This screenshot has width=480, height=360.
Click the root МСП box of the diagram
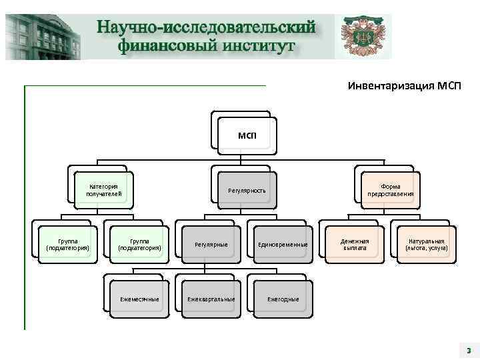(247, 136)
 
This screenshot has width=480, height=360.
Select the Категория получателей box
(103, 190)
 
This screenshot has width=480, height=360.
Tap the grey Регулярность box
(247, 191)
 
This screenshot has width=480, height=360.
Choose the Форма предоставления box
(390, 190)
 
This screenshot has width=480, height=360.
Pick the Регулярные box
(211, 245)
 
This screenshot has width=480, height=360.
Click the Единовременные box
(283, 245)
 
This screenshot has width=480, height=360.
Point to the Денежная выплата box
(354, 244)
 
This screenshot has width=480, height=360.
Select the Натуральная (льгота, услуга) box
(427, 244)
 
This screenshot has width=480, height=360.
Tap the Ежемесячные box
(139, 299)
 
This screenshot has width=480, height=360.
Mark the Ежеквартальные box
(211, 299)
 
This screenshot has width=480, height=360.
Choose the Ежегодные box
(283, 299)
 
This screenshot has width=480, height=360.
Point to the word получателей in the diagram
(103, 194)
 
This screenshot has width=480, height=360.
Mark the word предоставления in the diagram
(390, 194)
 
